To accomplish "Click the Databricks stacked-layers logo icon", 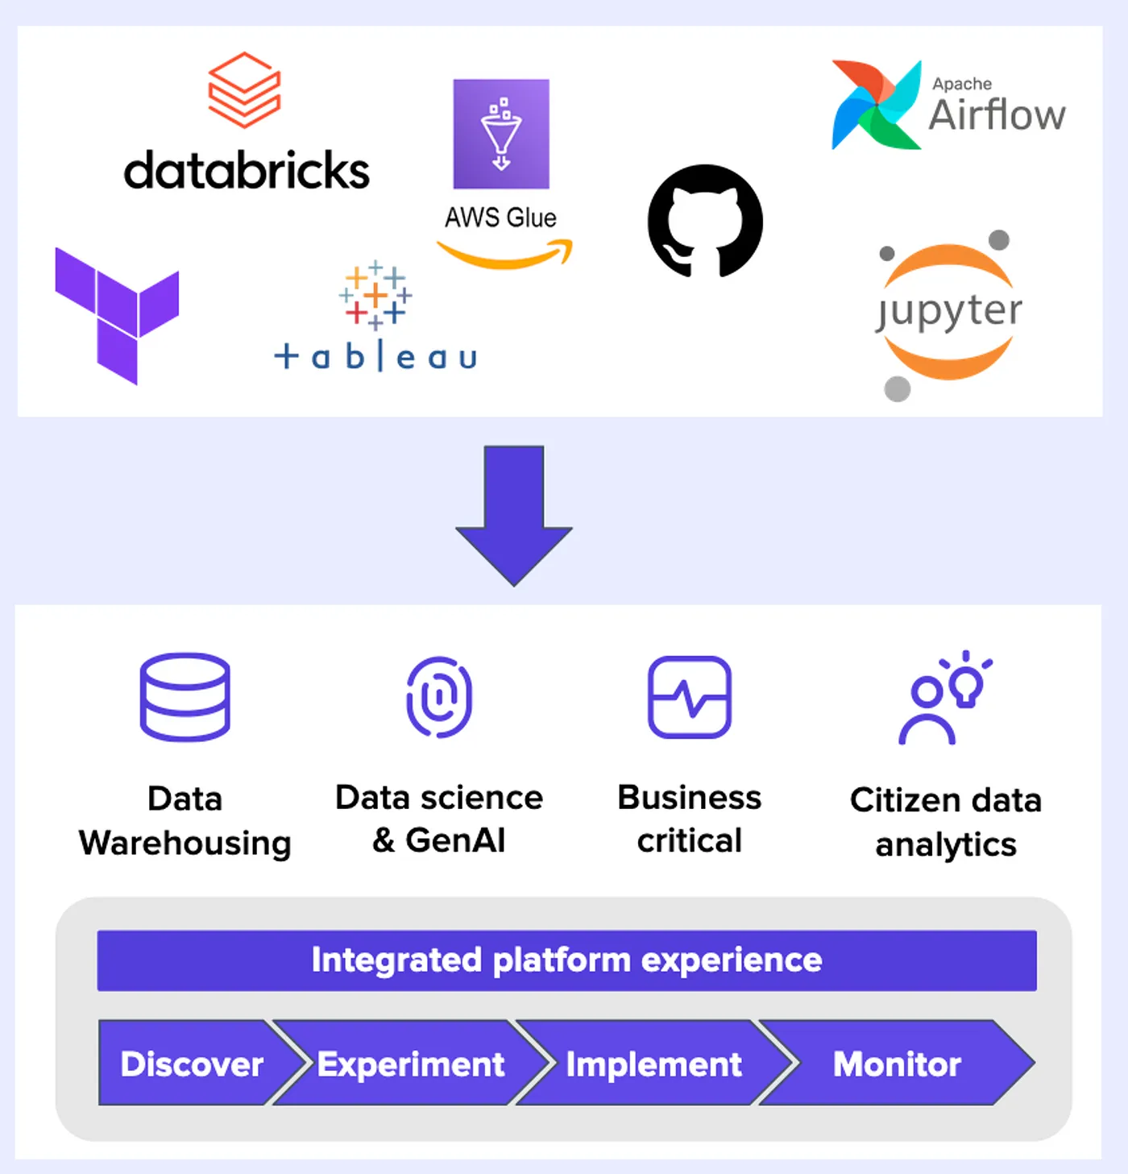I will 244,90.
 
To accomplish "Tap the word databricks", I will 247,171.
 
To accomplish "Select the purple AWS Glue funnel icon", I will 501,134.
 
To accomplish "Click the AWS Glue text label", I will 500,218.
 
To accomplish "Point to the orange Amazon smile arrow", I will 505,255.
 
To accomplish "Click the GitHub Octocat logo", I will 705,222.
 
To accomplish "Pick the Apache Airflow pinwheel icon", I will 876,105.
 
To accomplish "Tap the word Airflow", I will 997,115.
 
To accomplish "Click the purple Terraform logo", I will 117,315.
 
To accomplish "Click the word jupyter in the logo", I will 949,311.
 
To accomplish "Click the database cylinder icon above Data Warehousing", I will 185,697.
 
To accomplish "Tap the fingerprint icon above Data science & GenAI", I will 439,697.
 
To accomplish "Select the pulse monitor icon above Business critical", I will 690,697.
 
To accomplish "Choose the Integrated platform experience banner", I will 566,960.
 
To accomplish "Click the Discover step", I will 192,1064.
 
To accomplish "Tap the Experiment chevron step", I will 411,1064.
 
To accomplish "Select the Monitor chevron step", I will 897,1064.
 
